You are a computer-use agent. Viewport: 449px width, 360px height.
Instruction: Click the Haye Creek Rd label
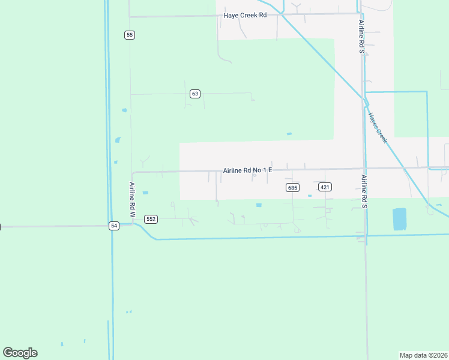244,15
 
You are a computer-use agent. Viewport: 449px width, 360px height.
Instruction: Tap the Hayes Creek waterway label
378,128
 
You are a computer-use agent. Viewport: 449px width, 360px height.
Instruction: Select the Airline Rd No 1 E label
247,170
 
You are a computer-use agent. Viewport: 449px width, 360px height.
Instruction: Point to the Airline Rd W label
133,199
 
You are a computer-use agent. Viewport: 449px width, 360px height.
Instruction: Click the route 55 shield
130,35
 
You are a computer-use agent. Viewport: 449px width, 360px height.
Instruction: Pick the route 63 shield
194,94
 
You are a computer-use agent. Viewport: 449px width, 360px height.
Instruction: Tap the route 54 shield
114,226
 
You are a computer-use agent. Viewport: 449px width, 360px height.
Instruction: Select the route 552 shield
151,219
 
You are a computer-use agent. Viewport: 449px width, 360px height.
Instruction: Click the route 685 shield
292,188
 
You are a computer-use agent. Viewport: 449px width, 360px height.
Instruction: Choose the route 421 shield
325,187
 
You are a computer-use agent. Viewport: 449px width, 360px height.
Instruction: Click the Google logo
20,353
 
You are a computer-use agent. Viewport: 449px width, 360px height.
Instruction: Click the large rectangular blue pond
399,219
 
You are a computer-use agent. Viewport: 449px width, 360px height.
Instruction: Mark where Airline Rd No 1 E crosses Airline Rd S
364,169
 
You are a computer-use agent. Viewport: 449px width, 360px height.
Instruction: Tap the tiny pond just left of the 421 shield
310,196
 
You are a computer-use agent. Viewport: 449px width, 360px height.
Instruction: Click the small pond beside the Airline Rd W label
145,193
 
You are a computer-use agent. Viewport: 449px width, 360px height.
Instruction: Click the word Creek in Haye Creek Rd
248,15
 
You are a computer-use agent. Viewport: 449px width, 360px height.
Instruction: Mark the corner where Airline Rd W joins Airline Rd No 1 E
133,173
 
